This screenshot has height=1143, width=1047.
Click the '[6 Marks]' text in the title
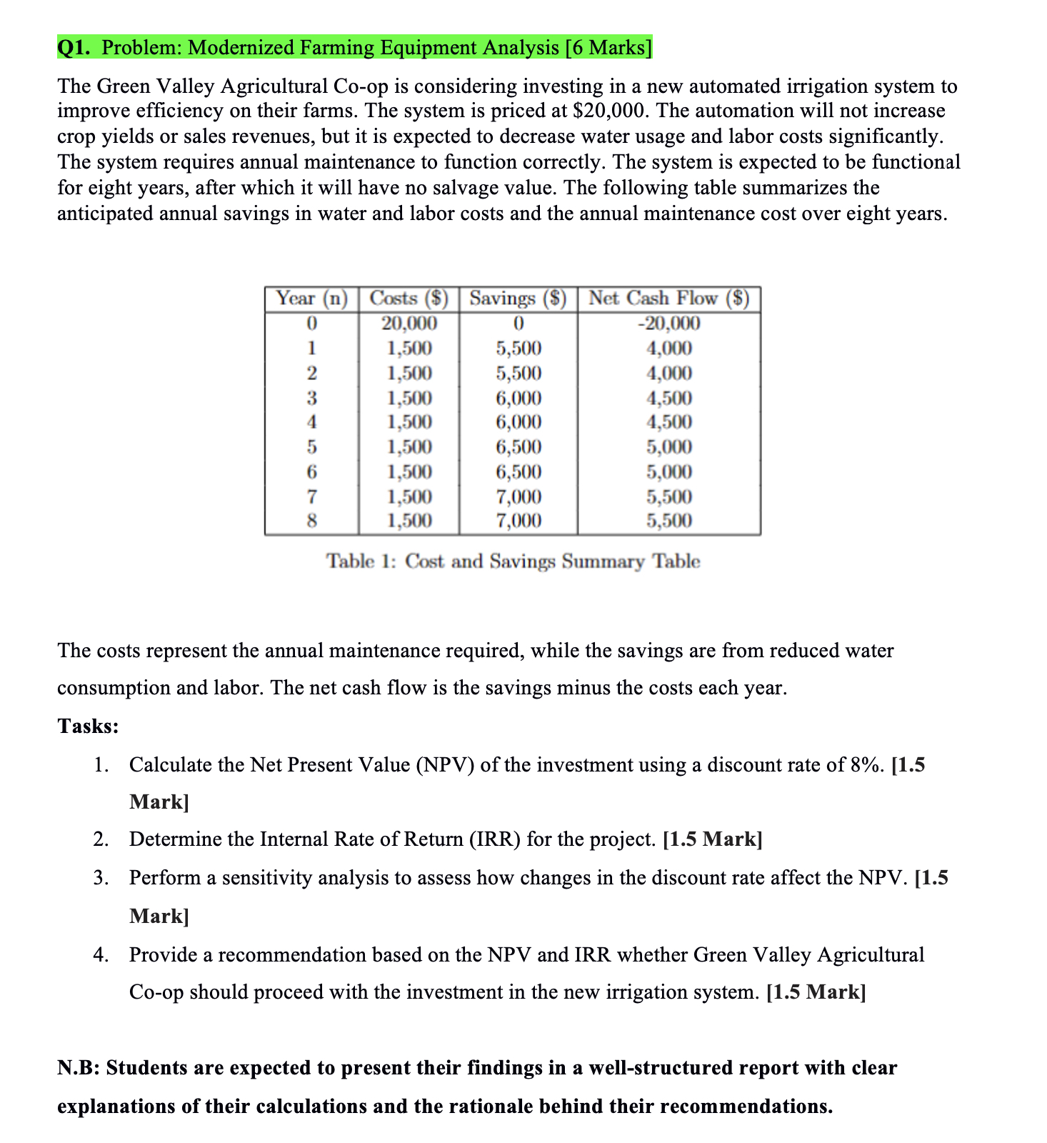tap(608, 48)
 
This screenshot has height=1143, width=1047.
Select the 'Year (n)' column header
tap(311, 299)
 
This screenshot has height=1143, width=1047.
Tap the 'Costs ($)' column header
tap(409, 299)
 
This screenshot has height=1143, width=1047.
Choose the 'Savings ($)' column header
tap(518, 299)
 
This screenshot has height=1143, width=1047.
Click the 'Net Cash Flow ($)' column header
tap(668, 299)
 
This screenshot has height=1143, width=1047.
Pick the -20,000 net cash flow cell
tap(668, 324)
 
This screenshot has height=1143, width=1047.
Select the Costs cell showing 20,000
tap(409, 324)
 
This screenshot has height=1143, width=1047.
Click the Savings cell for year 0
tap(519, 324)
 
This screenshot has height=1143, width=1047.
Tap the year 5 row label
tap(311, 447)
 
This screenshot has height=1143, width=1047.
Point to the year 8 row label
tap(311, 521)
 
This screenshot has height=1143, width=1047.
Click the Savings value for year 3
tap(519, 398)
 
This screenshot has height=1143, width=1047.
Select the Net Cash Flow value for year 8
tap(668, 521)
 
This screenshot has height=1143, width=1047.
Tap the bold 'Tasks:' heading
tap(88, 727)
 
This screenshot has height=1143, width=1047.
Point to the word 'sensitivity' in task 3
tap(266, 877)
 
